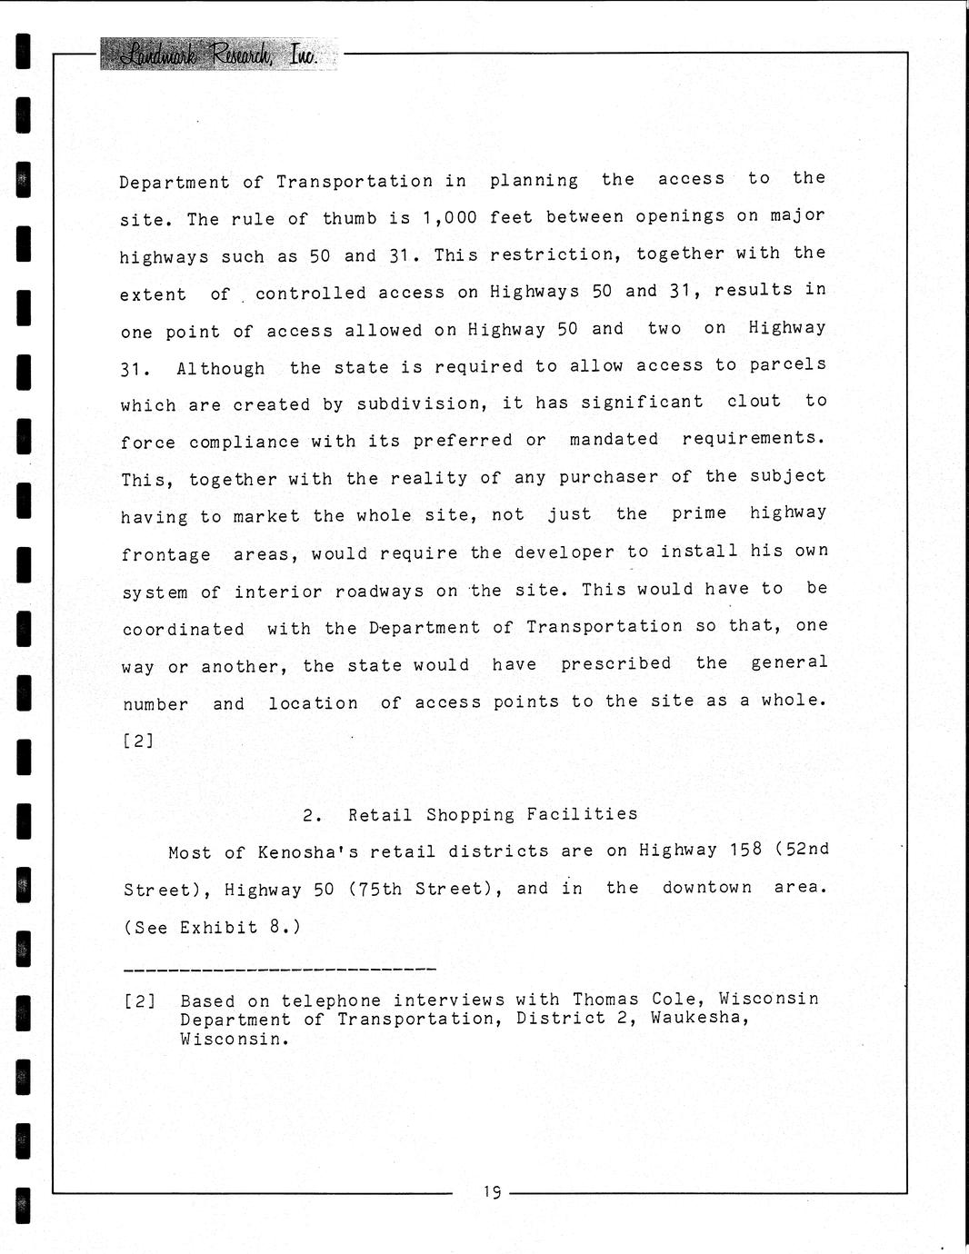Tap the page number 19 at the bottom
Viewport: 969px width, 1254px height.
point(493,1191)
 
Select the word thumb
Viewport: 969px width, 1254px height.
point(349,219)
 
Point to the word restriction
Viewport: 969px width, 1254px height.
point(554,255)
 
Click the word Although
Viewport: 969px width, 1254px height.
point(221,368)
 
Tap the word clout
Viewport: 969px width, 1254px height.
point(754,401)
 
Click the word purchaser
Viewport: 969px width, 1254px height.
point(608,477)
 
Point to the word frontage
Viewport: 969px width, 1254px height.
point(165,554)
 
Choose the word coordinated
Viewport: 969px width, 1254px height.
point(183,629)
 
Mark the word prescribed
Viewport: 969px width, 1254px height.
point(615,663)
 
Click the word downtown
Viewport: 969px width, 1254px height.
point(706,888)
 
